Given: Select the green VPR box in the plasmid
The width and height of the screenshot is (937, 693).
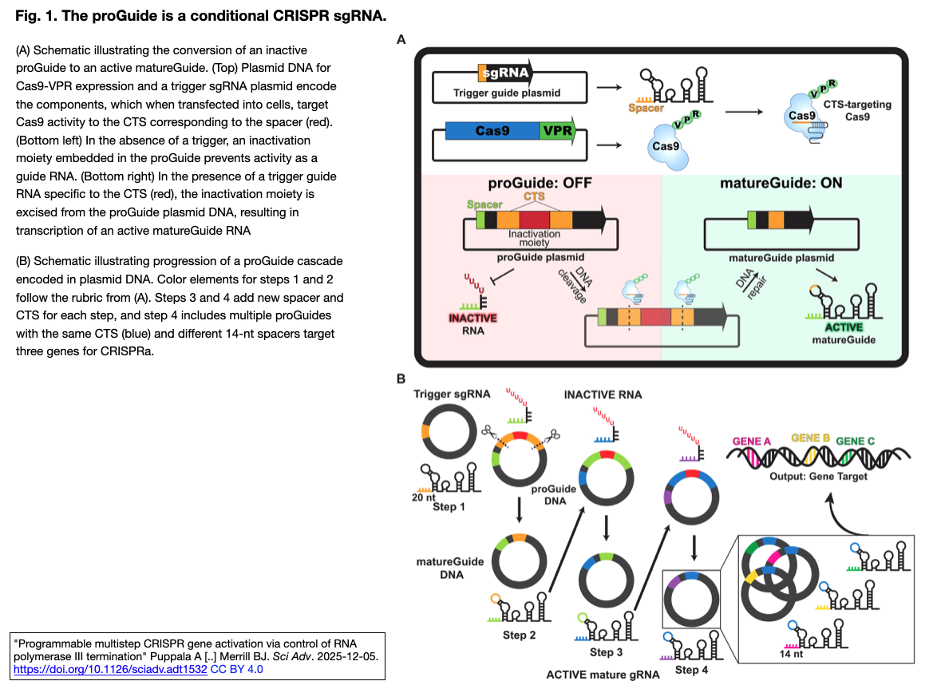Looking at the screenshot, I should point(556,131).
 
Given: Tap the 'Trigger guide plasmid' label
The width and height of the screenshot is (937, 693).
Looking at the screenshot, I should point(507,93).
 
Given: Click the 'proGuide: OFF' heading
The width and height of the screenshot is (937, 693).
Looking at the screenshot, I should point(540,184).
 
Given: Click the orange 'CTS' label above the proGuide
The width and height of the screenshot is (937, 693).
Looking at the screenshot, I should point(534,196).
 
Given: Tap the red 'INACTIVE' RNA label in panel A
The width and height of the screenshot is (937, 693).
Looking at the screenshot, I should point(472,317).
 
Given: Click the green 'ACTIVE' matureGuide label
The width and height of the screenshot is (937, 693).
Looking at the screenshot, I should point(832,327).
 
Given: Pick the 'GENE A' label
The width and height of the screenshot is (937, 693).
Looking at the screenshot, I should point(751,440).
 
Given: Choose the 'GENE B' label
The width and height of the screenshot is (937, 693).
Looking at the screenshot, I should point(811,438).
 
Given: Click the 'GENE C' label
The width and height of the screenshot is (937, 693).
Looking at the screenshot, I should point(855,441).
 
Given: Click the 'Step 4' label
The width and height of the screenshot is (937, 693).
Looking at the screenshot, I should point(691,669).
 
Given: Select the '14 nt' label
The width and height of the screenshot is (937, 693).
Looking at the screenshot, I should point(792,653).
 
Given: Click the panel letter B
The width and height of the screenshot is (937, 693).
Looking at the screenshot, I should point(401,380).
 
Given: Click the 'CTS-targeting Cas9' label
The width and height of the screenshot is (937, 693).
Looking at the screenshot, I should point(868,110).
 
